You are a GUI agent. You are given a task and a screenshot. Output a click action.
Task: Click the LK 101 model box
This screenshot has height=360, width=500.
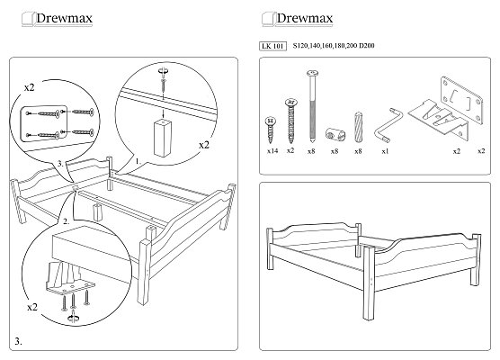coord(272,46)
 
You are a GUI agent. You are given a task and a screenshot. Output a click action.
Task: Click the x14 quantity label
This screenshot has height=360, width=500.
coord(272,151)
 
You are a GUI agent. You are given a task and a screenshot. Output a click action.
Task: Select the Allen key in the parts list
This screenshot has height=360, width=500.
coord(386,126)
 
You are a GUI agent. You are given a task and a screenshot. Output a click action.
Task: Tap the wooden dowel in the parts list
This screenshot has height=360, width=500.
coord(358,127)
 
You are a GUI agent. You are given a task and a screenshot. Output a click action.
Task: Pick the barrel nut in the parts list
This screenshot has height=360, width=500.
coord(335,134)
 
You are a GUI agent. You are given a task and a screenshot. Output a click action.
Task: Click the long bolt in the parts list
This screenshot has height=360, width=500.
coord(312,106)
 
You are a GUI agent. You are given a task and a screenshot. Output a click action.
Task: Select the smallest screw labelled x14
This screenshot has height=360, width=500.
coord(271,130)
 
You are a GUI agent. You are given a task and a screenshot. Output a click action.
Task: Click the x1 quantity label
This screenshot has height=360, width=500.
coord(385,151)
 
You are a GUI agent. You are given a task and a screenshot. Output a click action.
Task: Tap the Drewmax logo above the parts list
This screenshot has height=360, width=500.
coord(298,19)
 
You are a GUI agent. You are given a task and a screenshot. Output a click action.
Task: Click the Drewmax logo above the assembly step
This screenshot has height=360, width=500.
coord(57,19)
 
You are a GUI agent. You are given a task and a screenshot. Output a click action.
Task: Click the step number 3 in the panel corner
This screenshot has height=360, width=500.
coord(18,341)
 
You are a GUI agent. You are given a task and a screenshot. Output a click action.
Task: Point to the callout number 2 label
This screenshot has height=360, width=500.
coord(66,221)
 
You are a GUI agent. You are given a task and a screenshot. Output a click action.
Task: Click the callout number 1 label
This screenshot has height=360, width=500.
coord(138,161)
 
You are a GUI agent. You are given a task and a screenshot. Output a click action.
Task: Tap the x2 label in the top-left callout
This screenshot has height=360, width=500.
coord(29,87)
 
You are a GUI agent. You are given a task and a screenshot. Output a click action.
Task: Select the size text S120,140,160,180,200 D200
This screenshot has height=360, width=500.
coord(334,46)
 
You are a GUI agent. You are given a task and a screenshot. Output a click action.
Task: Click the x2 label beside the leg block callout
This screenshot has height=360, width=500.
coord(204,145)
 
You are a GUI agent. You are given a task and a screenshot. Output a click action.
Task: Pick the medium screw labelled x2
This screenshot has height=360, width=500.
coord(290,121)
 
